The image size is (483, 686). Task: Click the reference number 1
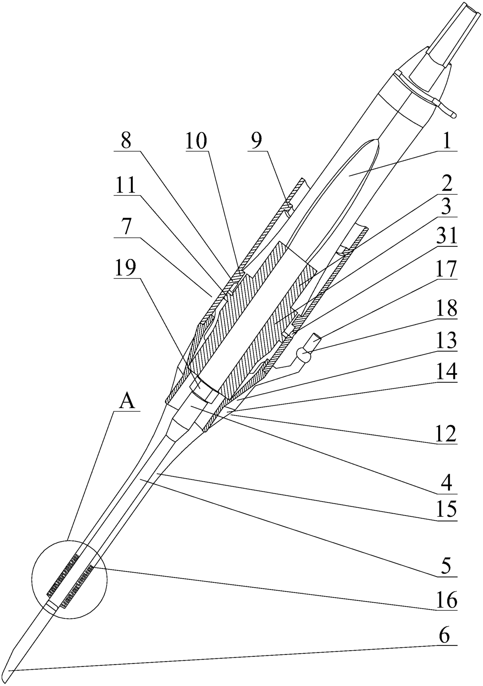(x=446, y=142)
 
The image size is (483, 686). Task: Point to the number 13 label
(x=446, y=341)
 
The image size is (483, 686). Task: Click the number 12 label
(x=446, y=435)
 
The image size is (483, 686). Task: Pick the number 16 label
(x=446, y=601)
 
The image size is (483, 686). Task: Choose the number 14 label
(x=446, y=372)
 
